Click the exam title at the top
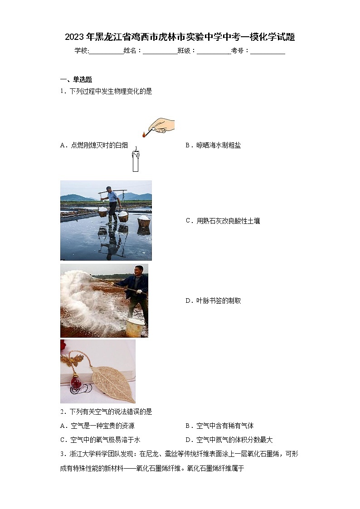[180, 37]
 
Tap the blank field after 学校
[106, 51]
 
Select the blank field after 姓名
[160, 51]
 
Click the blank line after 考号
[268, 51]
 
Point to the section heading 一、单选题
[76, 79]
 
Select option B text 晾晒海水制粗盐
[213, 145]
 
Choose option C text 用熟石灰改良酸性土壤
[223, 221]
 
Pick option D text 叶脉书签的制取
[213, 301]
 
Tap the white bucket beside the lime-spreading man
[134, 327]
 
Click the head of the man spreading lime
[139, 270]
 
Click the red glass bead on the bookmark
[76, 383]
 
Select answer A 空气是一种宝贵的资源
[97, 426]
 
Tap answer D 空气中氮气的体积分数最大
[229, 440]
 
